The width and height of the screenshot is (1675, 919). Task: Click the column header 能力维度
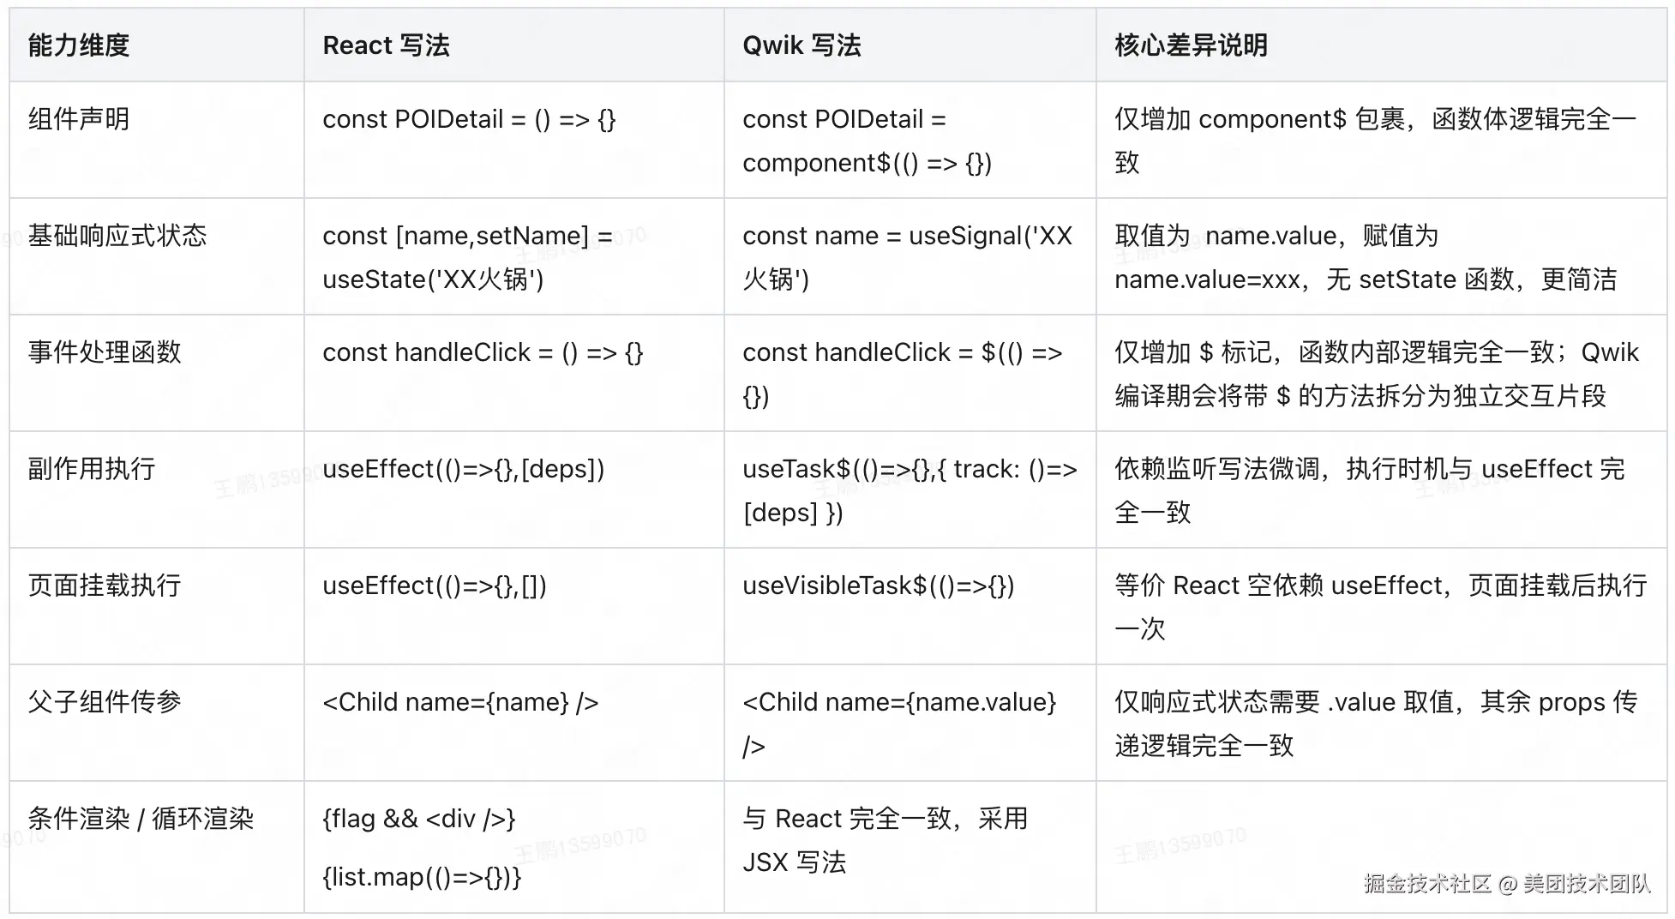(x=78, y=45)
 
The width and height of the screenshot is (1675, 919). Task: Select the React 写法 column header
(x=386, y=45)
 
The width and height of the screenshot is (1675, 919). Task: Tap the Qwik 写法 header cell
(x=801, y=45)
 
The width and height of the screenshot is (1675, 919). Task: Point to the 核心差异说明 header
(x=1191, y=45)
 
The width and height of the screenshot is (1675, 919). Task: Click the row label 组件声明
(x=78, y=119)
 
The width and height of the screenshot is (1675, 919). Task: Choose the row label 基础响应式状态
(x=117, y=236)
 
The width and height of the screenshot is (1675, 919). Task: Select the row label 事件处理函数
(x=105, y=352)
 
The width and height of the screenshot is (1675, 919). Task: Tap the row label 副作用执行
(x=92, y=469)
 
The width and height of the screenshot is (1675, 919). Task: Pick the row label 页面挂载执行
(x=105, y=586)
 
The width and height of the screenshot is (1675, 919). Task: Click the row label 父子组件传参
(x=105, y=702)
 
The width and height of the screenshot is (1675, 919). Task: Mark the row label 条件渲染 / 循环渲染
(x=141, y=819)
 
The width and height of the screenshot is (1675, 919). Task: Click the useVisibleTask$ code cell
(x=878, y=586)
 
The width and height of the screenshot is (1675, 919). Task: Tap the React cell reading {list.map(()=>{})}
(x=422, y=877)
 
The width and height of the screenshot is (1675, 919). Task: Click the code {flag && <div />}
(x=418, y=819)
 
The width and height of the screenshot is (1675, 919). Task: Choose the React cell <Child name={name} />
(x=460, y=702)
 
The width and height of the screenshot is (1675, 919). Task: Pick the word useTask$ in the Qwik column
(x=796, y=469)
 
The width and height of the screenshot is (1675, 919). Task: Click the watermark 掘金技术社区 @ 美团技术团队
(x=1506, y=884)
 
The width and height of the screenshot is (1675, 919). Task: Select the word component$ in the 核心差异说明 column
(x=1272, y=119)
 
